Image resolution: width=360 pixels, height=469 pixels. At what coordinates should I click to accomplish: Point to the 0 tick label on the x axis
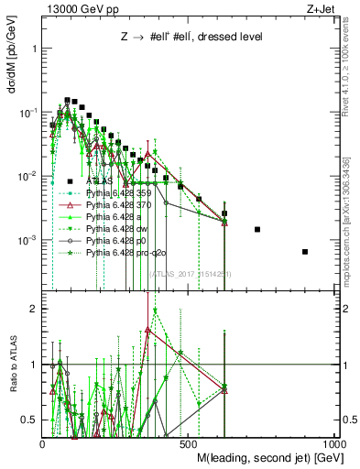click(42, 442)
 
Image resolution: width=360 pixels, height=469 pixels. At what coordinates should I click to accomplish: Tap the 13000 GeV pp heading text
click(74, 8)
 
